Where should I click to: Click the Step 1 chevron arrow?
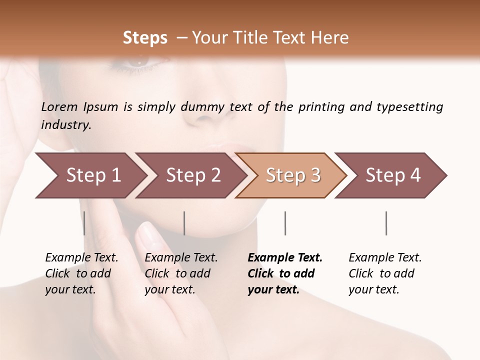coord(90,175)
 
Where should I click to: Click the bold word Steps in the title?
coord(145,38)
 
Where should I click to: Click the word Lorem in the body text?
coord(59,106)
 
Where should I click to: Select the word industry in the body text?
coord(65,125)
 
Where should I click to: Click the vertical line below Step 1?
coord(84,223)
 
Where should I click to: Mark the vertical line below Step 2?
coord(184,223)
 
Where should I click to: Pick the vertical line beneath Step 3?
coord(285,223)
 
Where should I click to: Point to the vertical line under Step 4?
coord(386,223)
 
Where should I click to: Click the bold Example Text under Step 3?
coord(285,258)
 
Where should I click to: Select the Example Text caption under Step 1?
coord(81,258)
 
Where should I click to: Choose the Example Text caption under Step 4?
coord(385,258)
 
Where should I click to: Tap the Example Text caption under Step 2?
coord(181,258)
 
